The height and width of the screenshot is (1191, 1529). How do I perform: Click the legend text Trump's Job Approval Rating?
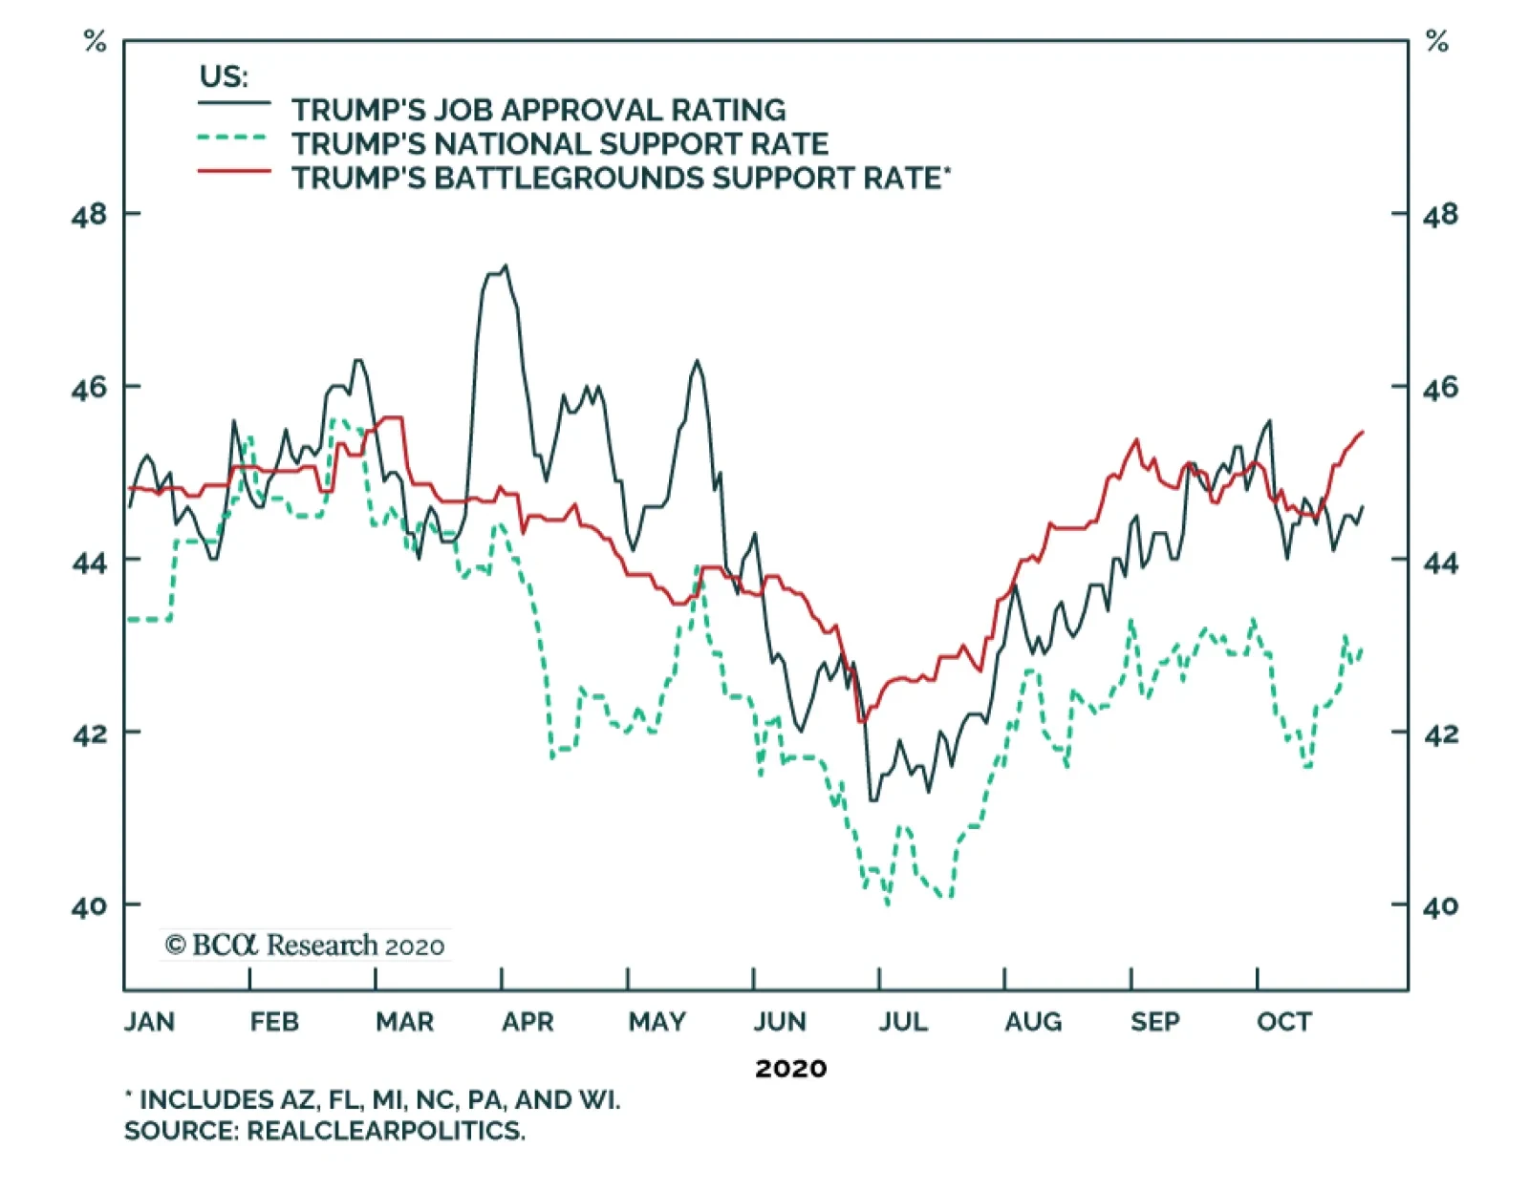pyautogui.click(x=538, y=110)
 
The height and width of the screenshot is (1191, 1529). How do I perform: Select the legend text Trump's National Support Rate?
pyautogui.click(x=560, y=144)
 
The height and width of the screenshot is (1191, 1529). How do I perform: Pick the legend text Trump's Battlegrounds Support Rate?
pyautogui.click(x=620, y=179)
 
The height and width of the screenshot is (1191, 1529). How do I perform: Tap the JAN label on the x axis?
pyautogui.click(x=149, y=1022)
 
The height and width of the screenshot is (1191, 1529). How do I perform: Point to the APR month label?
pyautogui.click(x=528, y=1022)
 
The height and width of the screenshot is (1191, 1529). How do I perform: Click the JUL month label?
pyautogui.click(x=903, y=1022)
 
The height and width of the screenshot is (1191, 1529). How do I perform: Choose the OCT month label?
pyautogui.click(x=1283, y=1022)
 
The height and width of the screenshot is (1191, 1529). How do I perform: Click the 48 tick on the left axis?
pyautogui.click(x=89, y=215)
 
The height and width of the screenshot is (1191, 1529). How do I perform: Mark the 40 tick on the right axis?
pyautogui.click(x=1440, y=905)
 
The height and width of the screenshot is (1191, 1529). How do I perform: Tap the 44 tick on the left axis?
pyautogui.click(x=89, y=562)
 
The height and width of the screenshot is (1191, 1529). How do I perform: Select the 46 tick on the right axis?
pyautogui.click(x=1440, y=388)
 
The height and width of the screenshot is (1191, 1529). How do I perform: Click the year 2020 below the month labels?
pyautogui.click(x=790, y=1068)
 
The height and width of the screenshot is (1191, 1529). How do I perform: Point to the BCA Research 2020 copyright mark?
pyautogui.click(x=305, y=946)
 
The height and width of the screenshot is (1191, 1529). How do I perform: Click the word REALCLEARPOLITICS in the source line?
pyautogui.click(x=385, y=1131)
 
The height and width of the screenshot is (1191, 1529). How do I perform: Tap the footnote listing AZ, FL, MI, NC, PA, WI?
pyautogui.click(x=373, y=1100)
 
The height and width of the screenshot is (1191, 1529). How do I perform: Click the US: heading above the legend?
pyautogui.click(x=223, y=76)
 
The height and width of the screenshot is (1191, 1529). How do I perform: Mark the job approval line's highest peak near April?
pyautogui.click(x=506, y=266)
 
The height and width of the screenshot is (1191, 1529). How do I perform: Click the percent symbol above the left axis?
pyautogui.click(x=95, y=41)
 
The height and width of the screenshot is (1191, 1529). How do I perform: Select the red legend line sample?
pyautogui.click(x=234, y=172)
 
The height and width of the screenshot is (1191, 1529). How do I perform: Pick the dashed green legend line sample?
pyautogui.click(x=234, y=138)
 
